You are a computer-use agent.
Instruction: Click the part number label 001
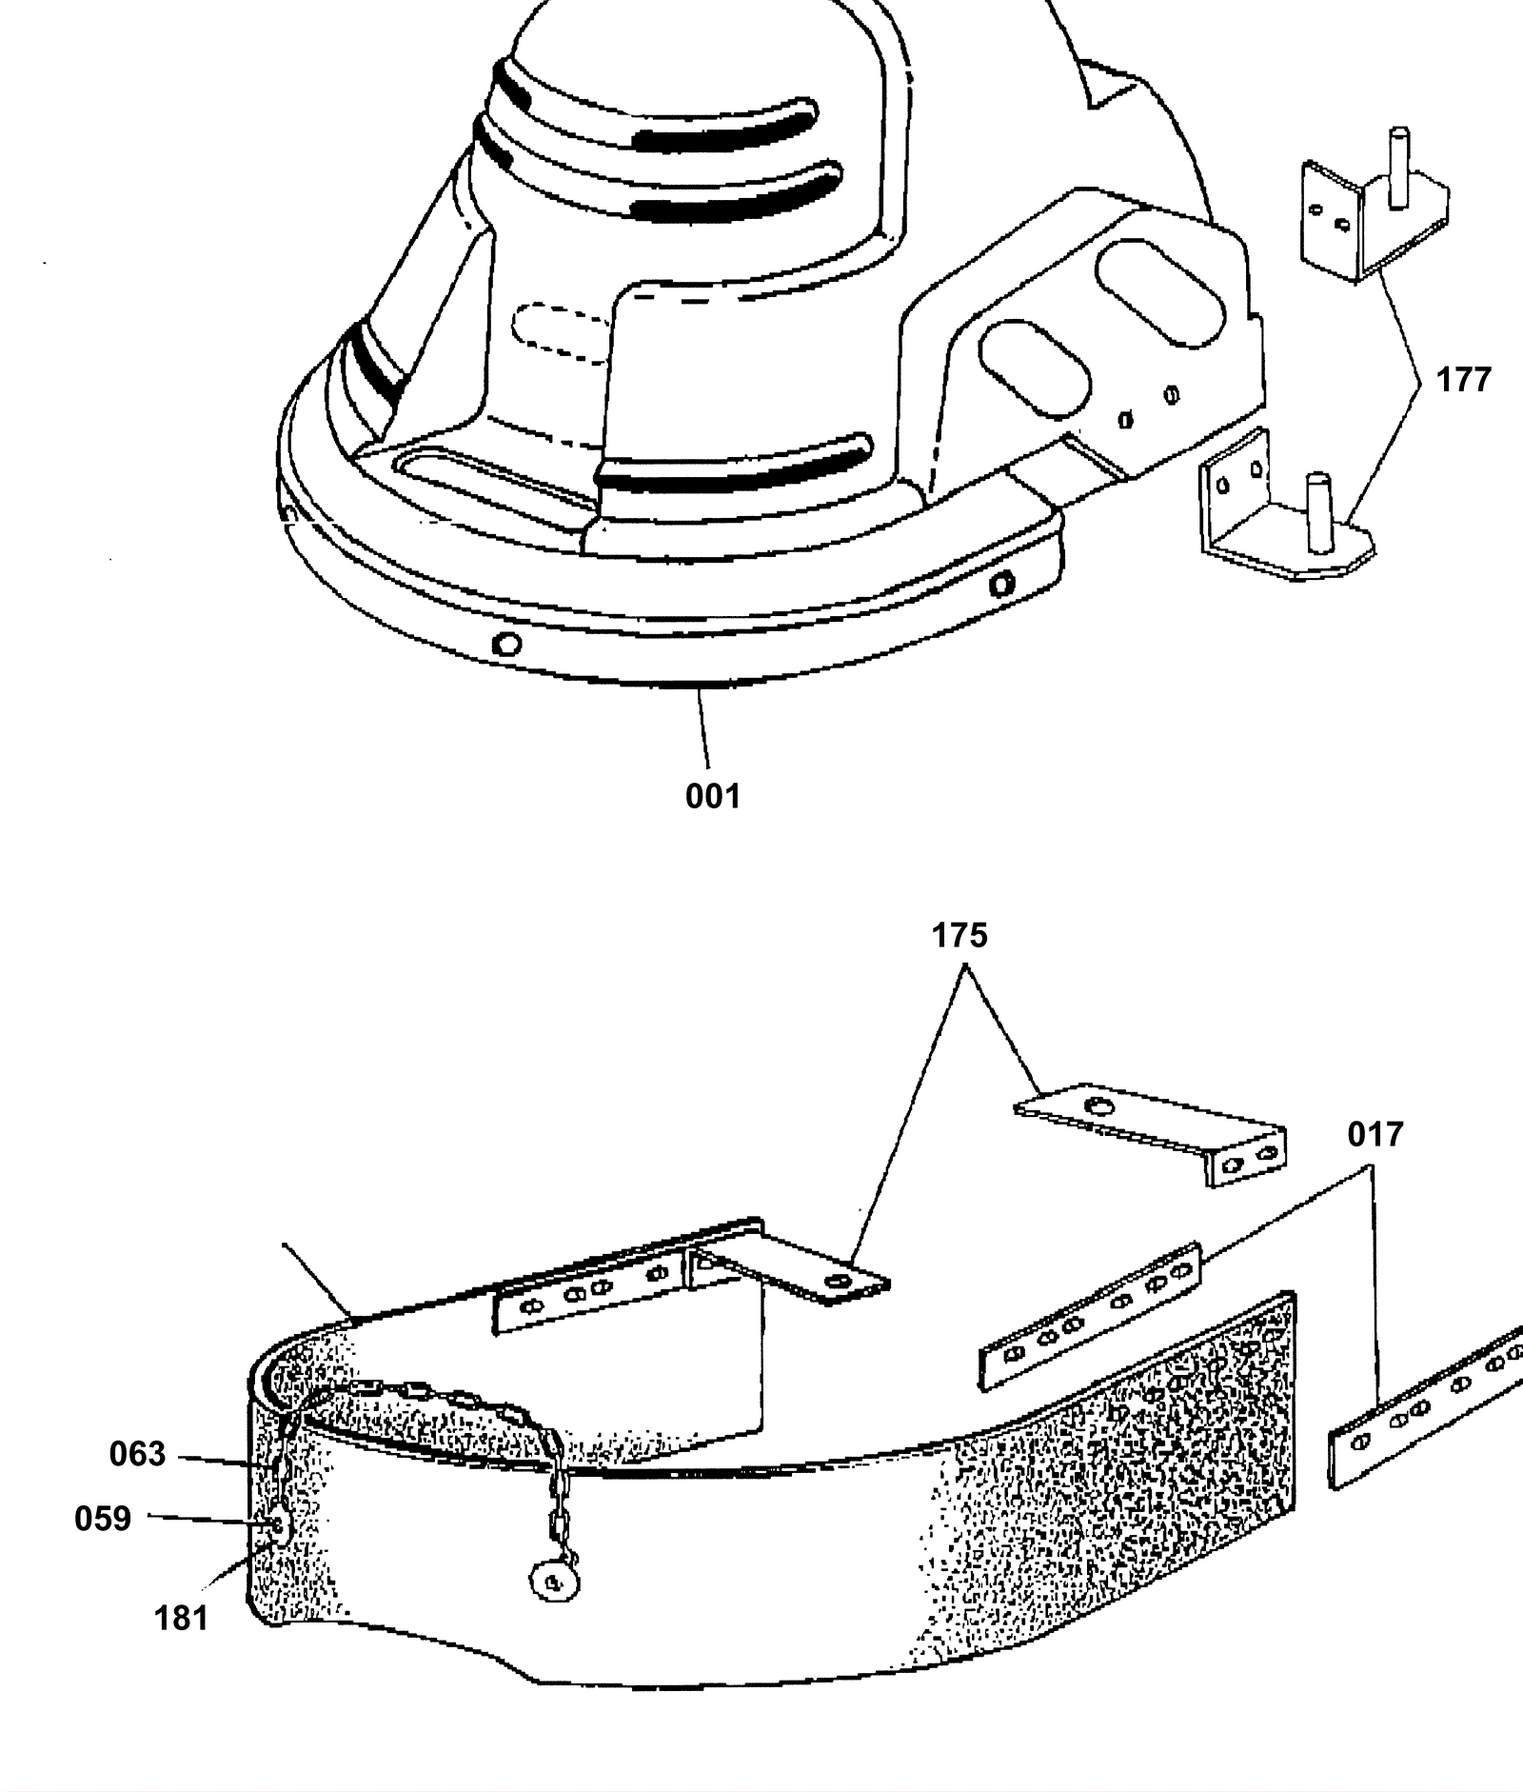click(x=712, y=796)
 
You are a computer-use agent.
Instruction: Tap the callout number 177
click(x=1463, y=380)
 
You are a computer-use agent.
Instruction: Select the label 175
click(x=959, y=936)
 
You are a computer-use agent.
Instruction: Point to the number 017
click(x=1375, y=1135)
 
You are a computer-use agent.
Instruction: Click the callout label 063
click(x=138, y=1454)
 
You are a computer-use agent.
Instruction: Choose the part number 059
click(x=103, y=1518)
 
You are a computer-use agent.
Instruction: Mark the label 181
click(x=181, y=1617)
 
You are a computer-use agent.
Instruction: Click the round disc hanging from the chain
click(x=552, y=1582)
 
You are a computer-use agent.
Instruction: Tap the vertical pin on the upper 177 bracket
click(x=1398, y=167)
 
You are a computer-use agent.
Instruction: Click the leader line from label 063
click(x=219, y=1459)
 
